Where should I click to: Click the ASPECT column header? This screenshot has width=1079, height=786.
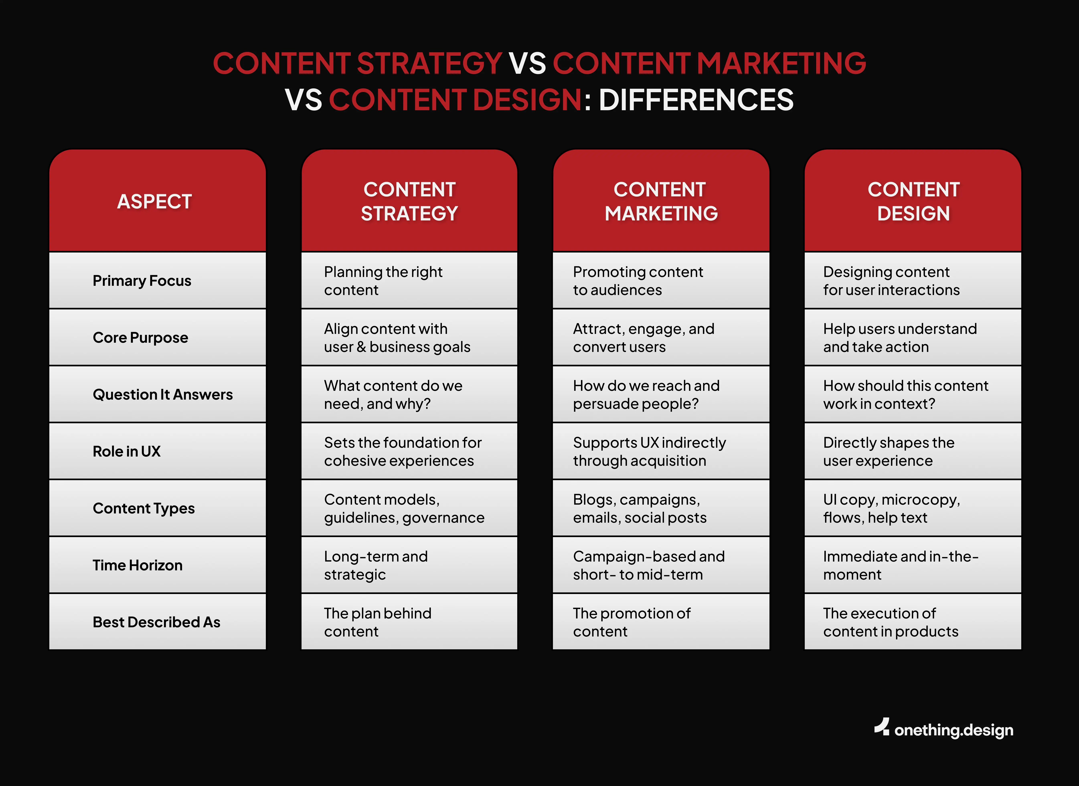[155, 201]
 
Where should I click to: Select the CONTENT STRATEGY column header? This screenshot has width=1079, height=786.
[409, 201]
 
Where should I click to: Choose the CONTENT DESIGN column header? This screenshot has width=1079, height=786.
[913, 201]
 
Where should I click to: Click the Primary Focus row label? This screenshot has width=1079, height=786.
[142, 281]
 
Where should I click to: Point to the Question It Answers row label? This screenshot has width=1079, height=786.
[163, 394]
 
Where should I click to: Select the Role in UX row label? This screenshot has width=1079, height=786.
[127, 451]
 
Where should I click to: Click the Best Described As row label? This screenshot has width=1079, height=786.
[157, 622]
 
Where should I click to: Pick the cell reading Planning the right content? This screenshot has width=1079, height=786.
[383, 281]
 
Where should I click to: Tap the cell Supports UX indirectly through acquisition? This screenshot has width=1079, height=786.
[649, 451]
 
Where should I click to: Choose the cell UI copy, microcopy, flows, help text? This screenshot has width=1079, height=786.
[892, 508]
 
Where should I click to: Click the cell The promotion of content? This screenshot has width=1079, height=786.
[632, 622]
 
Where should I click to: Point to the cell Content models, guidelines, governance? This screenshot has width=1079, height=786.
[404, 508]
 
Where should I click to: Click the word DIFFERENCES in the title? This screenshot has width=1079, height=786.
[696, 100]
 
